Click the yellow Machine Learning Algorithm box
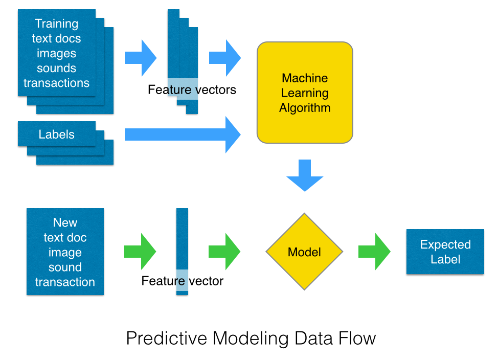tap(305, 92)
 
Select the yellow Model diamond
tap(304, 252)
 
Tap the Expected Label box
tap(445, 252)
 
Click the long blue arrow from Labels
tap(182, 134)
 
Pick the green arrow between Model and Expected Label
tap(374, 252)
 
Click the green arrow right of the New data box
tap(140, 252)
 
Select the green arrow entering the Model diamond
tap(224, 252)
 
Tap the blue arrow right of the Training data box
tap(141, 57)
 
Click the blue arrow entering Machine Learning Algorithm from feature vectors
tap(225, 57)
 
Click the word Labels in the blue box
tap(57, 134)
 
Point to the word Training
tap(57, 24)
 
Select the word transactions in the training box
tap(57, 83)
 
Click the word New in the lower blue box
tap(65, 222)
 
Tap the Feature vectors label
tap(192, 90)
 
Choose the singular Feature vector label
tap(183, 281)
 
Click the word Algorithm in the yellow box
tap(305, 108)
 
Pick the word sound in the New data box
tap(65, 267)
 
